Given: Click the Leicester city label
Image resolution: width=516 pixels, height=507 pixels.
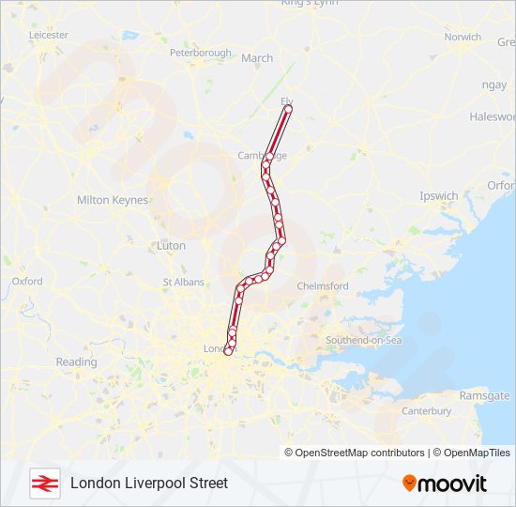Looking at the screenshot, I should [x=49, y=35].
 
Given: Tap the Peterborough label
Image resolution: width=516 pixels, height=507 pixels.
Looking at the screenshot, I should [x=201, y=54].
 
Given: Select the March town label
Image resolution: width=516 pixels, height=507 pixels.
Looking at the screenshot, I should [x=257, y=58].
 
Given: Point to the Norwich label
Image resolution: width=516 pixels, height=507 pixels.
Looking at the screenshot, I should [x=463, y=38].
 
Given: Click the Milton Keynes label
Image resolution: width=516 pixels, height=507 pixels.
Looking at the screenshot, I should [x=113, y=200].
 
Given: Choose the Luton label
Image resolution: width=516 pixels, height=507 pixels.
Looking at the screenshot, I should [x=171, y=245].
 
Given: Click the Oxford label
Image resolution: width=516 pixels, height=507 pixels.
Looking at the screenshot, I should [x=27, y=281].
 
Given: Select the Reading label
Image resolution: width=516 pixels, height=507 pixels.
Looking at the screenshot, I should [x=76, y=361].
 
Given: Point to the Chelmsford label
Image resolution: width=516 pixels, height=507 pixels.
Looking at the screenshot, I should [x=323, y=286].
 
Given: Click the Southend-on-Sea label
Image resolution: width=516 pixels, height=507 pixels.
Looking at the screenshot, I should [x=363, y=340].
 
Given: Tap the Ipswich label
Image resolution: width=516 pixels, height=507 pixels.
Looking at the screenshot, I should [x=439, y=196].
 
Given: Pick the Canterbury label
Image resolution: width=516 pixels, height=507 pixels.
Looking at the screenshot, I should [x=427, y=411].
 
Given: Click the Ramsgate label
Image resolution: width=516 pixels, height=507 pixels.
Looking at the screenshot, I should [x=484, y=396].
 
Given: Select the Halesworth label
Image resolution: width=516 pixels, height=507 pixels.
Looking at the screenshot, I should [x=493, y=116].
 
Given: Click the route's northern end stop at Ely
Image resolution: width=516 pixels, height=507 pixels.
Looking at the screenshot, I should [x=288, y=110].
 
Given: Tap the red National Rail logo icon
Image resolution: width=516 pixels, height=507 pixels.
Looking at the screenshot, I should [x=44, y=483].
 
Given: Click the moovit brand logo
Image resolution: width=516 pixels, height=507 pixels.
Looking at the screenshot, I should [x=445, y=484].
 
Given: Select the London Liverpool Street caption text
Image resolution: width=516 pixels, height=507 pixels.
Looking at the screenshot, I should [x=148, y=483].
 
